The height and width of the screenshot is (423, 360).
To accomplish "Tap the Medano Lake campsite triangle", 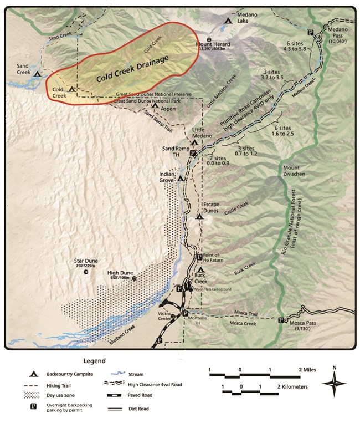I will (x=228, y=20).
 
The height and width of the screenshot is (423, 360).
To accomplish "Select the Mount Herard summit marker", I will (x=209, y=39).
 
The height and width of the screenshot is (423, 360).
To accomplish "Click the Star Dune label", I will (x=86, y=261).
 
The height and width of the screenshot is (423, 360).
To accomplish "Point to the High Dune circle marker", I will (x=134, y=278).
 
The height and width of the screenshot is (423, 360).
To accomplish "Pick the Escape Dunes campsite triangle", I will (x=199, y=216).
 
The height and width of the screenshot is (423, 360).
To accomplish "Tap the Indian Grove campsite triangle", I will (x=180, y=179).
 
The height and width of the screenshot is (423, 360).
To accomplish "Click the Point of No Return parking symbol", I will (x=200, y=257).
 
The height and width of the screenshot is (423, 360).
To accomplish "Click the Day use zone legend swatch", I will (x=34, y=396).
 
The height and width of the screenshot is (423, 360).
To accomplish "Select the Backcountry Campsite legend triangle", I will (x=34, y=374).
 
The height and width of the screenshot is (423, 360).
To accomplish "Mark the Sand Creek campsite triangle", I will (x=37, y=73).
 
